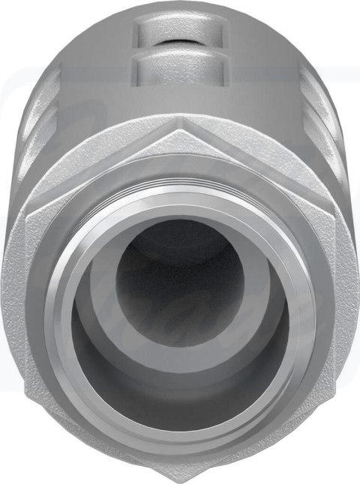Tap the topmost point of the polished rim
(x=180, y=193)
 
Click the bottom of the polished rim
(x=180, y=448)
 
